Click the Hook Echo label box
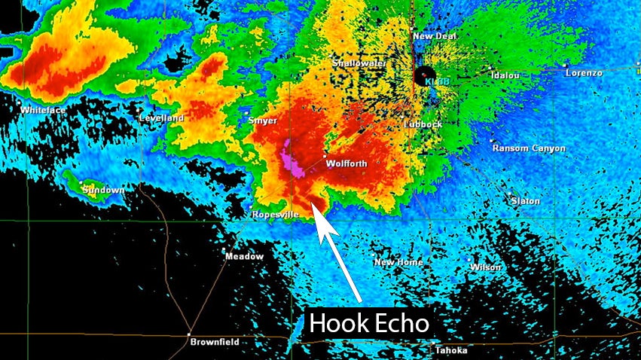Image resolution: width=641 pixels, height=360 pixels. point(370,324)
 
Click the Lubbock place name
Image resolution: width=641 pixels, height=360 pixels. point(423,124)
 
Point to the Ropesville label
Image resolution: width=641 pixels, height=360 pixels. point(275,215)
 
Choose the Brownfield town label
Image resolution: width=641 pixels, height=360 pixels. point(215,342)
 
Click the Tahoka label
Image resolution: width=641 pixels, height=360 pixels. point(451,350)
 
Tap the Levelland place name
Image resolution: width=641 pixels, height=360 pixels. point(162,118)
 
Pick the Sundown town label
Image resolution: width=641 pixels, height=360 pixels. point(103,190)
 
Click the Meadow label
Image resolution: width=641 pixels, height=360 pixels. point(245,257)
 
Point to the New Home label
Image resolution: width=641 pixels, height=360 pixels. point(398,262)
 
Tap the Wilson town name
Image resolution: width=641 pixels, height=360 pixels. point(485,267)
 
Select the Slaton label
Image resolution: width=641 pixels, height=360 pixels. point(525,201)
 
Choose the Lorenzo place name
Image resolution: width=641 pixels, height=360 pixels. point(584,73)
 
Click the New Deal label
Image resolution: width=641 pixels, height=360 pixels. point(432,36)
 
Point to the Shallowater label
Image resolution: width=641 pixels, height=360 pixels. point(360,64)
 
